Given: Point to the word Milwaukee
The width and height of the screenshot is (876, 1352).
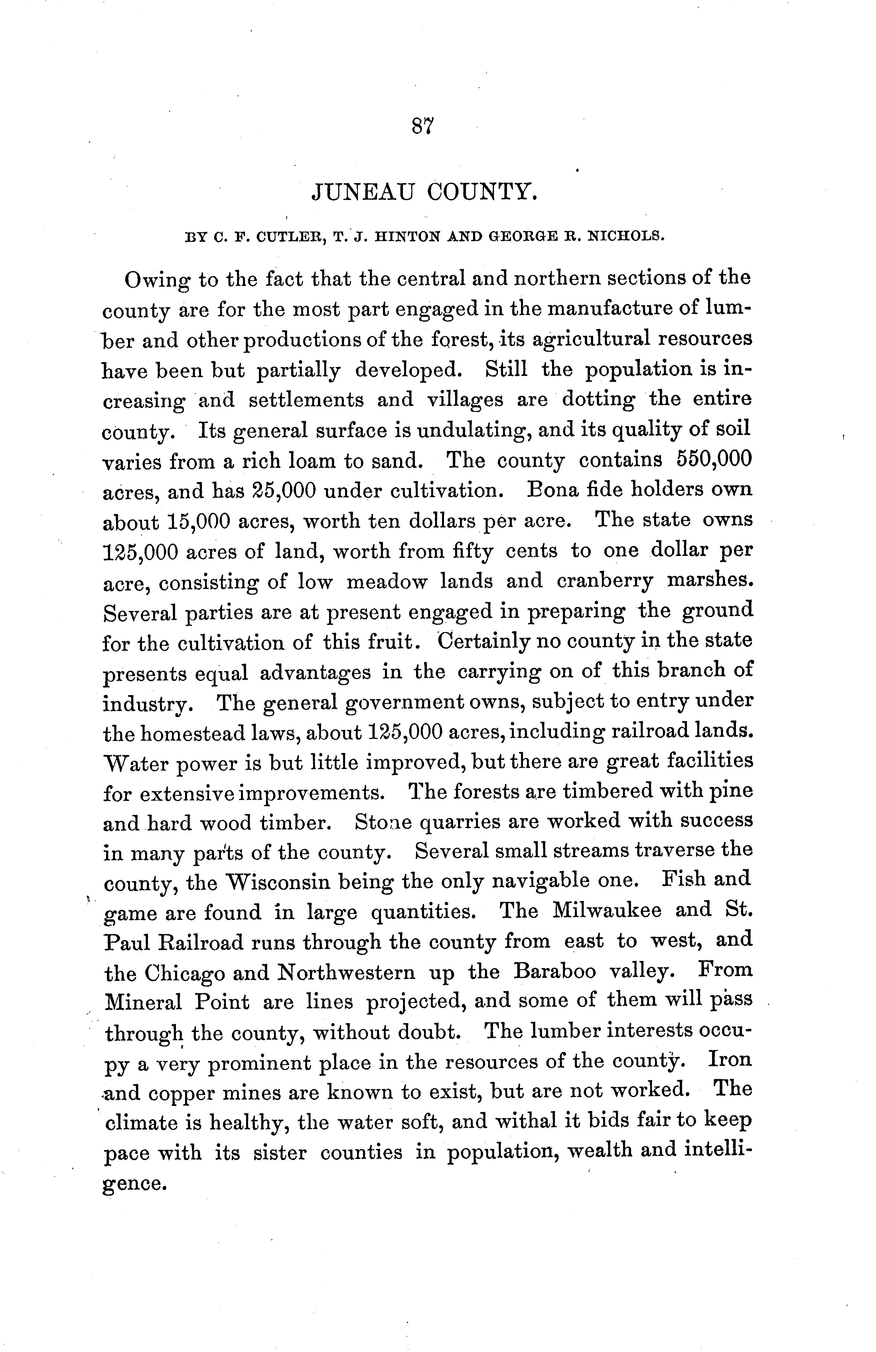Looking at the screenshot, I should tap(607, 911).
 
